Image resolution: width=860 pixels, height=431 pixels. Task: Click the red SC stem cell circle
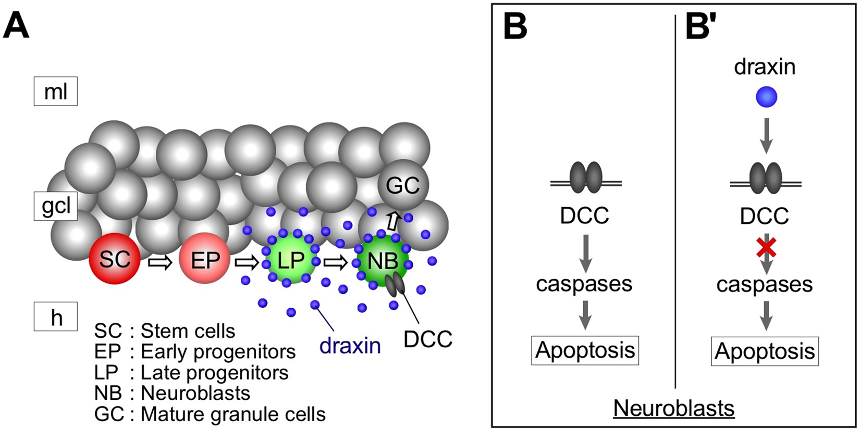114,259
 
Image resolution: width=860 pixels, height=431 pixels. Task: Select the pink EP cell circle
204,259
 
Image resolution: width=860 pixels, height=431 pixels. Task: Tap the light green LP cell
291,259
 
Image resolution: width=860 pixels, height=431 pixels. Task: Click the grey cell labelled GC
403,185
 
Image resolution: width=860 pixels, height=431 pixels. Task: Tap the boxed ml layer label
56,92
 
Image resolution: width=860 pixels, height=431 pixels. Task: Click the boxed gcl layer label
56,206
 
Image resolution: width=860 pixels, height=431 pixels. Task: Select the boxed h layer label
56,316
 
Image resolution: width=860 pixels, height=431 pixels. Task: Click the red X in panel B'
766,248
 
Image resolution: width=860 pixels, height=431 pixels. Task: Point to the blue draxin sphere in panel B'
766,97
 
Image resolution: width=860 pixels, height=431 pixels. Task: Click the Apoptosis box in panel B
585,350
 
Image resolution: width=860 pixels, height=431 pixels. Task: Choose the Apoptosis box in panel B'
765,351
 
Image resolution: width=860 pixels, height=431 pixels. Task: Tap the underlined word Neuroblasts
673,408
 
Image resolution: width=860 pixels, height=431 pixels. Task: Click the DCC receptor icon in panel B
586,177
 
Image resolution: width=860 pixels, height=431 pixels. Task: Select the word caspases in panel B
584,284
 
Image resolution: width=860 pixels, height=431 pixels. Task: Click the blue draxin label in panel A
350,345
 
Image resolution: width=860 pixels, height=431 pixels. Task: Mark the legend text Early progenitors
218,352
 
